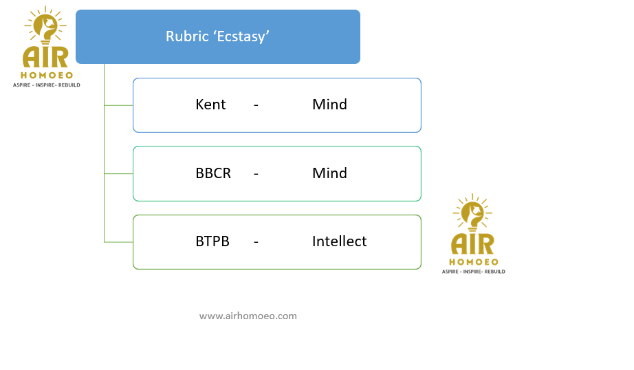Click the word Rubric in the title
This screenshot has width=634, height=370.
(x=187, y=36)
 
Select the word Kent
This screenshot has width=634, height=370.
(x=210, y=105)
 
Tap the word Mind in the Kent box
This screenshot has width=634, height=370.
(x=329, y=105)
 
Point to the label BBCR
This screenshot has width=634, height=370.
(x=213, y=173)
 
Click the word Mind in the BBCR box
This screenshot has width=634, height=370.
(x=329, y=173)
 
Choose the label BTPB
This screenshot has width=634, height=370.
(x=212, y=241)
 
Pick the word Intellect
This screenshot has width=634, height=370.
(x=339, y=241)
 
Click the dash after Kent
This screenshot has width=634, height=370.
(x=256, y=105)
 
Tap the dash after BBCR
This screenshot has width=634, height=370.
(x=256, y=174)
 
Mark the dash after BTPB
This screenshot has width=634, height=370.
(x=256, y=243)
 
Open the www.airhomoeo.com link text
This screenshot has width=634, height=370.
(x=248, y=316)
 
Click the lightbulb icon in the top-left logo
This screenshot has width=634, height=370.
(x=45, y=25)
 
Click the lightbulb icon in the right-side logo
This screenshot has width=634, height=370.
(x=472, y=213)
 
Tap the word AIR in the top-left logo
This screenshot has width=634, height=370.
(x=45, y=57)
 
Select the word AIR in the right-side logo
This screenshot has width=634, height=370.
(x=472, y=244)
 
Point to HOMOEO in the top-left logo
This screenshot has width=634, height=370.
(x=47, y=75)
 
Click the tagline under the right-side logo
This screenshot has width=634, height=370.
(x=474, y=272)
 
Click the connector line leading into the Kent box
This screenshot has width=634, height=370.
(x=118, y=105)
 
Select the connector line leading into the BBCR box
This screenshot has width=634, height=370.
(x=118, y=174)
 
